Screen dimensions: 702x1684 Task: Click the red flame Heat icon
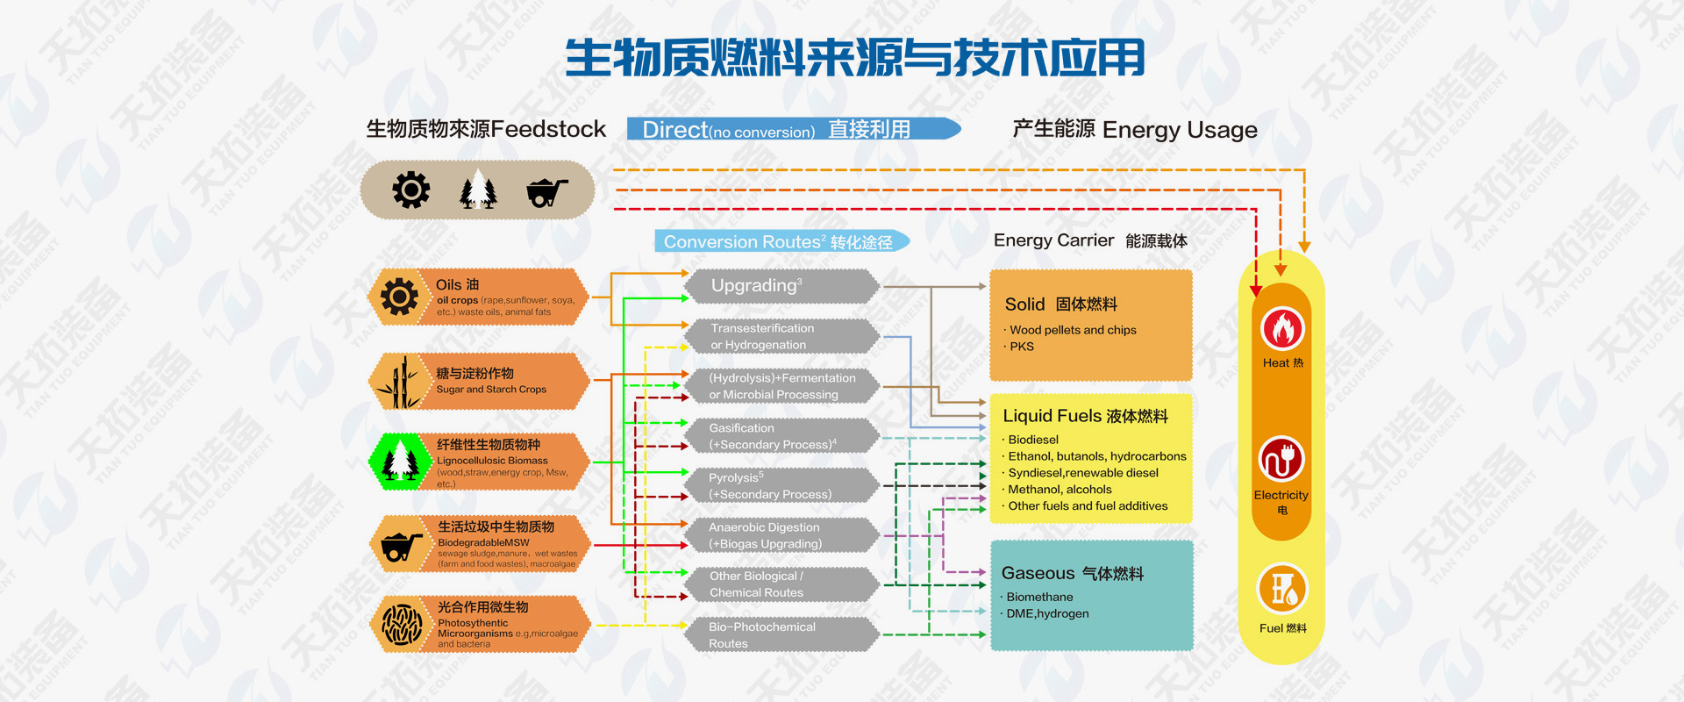point(1282,330)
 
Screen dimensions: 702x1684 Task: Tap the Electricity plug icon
point(1281,459)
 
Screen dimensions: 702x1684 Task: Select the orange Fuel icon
point(1282,589)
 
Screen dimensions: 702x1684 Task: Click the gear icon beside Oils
point(400,297)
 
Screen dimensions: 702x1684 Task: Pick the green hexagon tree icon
point(401,461)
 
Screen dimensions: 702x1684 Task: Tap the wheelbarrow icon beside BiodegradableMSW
point(400,545)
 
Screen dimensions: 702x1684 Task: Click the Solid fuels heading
point(1060,304)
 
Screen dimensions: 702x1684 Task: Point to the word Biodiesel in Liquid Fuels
point(1033,440)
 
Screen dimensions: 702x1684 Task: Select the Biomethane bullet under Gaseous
point(1039,597)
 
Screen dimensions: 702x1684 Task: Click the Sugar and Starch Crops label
point(491,389)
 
